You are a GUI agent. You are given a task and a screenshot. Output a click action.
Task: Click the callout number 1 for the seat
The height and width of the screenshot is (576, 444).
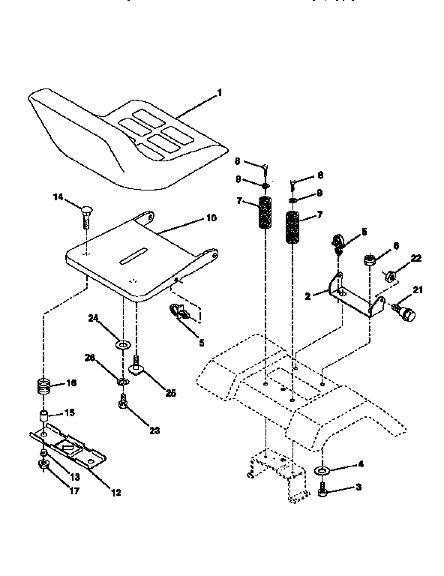[x=220, y=93]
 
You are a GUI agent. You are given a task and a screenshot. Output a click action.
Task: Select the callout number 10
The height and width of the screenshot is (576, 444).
[x=211, y=217]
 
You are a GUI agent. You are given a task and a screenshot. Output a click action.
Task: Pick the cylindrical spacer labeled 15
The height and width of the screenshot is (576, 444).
[x=45, y=416]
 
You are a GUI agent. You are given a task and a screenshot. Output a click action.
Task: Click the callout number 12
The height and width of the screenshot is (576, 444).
[x=115, y=493]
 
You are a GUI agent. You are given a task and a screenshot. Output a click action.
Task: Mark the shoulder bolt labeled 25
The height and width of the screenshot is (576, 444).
[x=138, y=368]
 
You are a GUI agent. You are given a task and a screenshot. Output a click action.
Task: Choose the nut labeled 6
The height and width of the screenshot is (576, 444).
[x=369, y=260]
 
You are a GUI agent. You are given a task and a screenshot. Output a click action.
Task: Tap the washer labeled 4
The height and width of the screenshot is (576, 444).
[x=322, y=471]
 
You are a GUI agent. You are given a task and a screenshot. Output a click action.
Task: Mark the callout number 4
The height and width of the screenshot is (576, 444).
[x=360, y=465]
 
